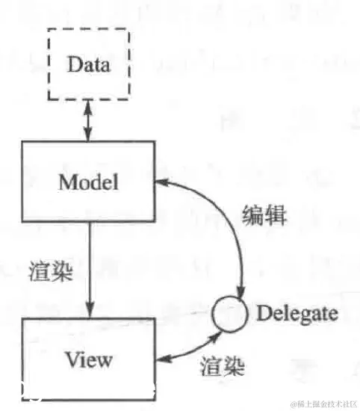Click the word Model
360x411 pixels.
(x=88, y=182)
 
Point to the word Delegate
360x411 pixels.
(x=297, y=313)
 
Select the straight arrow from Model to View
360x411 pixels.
(x=88, y=269)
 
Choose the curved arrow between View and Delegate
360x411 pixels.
(x=191, y=345)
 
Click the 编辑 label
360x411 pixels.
(x=265, y=214)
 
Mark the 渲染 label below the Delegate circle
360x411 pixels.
(x=222, y=367)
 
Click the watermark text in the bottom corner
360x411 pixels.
(x=324, y=403)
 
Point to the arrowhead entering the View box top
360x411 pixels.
(x=88, y=312)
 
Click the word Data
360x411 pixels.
(x=88, y=64)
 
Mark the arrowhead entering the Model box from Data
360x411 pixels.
(x=88, y=137)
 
